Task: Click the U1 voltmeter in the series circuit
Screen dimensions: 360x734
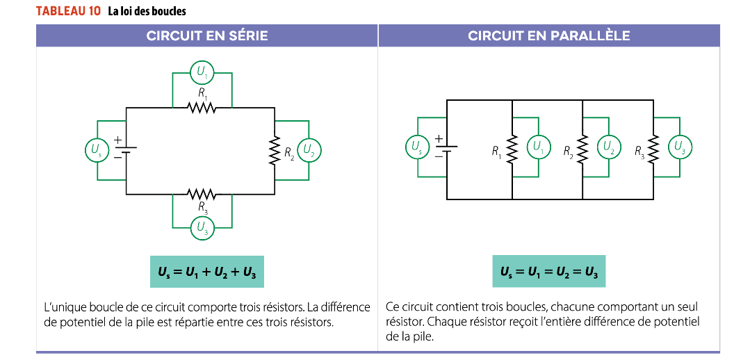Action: (202, 71)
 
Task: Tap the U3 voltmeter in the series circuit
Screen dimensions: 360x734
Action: (202, 227)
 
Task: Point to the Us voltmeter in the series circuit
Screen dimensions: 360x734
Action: (96, 149)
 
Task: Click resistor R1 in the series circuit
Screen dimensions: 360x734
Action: (202, 108)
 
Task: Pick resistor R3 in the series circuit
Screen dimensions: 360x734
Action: (202, 193)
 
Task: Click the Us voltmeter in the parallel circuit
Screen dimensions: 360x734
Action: (416, 147)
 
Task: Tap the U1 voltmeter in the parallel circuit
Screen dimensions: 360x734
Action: (537, 147)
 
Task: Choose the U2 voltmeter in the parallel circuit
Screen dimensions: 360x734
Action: (608, 147)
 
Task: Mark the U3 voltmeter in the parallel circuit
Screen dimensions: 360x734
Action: (679, 147)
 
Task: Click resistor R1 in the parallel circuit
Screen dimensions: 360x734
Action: (512, 149)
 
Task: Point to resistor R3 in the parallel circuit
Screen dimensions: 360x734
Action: (653, 149)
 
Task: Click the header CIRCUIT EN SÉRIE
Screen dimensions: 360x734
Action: (207, 35)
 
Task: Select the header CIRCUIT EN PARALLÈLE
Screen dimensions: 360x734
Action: (549, 35)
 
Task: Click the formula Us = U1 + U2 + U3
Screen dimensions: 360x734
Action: (207, 272)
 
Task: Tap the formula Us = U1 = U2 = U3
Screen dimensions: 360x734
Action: (549, 272)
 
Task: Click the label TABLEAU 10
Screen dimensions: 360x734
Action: (67, 12)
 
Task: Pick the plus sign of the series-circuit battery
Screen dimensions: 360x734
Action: (117, 140)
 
